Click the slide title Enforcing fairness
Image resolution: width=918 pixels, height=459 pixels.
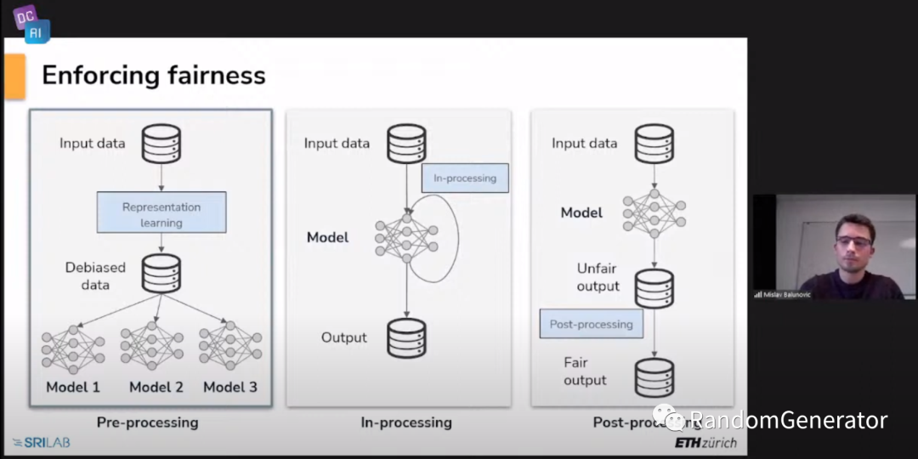click(x=154, y=76)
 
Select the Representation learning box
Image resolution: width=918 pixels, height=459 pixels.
click(x=161, y=213)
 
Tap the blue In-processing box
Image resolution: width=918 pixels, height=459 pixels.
click(x=465, y=178)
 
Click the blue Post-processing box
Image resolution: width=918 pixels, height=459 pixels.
click(x=592, y=324)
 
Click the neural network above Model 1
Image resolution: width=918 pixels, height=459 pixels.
click(x=73, y=348)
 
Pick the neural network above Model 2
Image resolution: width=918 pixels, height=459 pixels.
click(x=152, y=347)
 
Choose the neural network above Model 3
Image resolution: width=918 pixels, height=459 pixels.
click(x=230, y=347)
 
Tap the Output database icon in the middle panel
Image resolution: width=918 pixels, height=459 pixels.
click(x=406, y=337)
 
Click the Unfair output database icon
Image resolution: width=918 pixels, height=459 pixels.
click(x=654, y=289)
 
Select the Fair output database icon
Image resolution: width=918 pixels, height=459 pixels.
click(x=654, y=377)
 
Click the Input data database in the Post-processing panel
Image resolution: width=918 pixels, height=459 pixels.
click(x=654, y=144)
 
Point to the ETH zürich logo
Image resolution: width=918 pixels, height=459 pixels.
click(x=705, y=443)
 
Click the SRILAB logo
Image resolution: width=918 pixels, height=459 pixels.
click(x=42, y=443)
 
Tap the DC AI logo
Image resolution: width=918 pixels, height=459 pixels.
click(x=31, y=23)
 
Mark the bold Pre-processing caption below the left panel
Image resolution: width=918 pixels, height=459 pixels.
click(x=147, y=422)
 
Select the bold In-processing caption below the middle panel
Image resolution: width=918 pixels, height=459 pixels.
click(x=406, y=422)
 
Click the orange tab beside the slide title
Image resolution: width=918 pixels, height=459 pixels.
click(x=14, y=76)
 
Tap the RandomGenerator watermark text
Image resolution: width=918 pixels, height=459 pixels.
click(x=788, y=420)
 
